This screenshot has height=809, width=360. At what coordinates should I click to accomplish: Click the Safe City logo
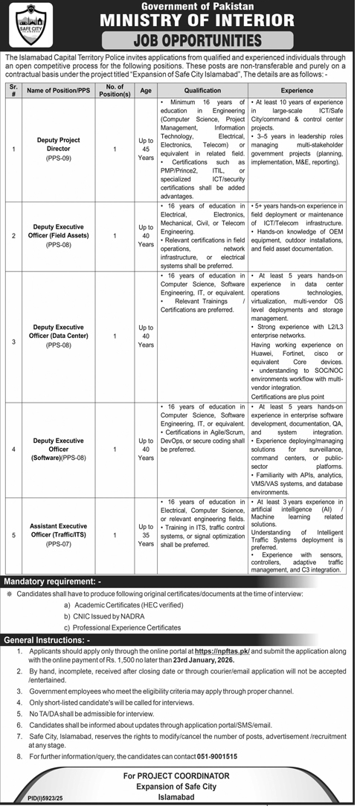click(26, 25)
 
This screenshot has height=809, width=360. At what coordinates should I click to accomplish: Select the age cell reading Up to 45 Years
click(146, 149)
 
